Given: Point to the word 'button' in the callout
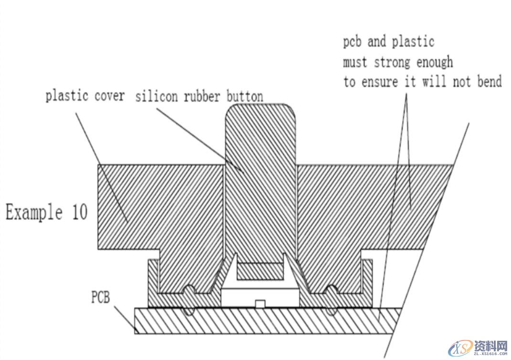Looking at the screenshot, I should [245, 96].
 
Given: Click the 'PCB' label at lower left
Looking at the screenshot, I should [100, 298].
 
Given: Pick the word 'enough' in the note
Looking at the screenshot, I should [435, 62].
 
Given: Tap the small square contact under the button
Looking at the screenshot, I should [260, 304].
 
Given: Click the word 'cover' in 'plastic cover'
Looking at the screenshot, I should [109, 96].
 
